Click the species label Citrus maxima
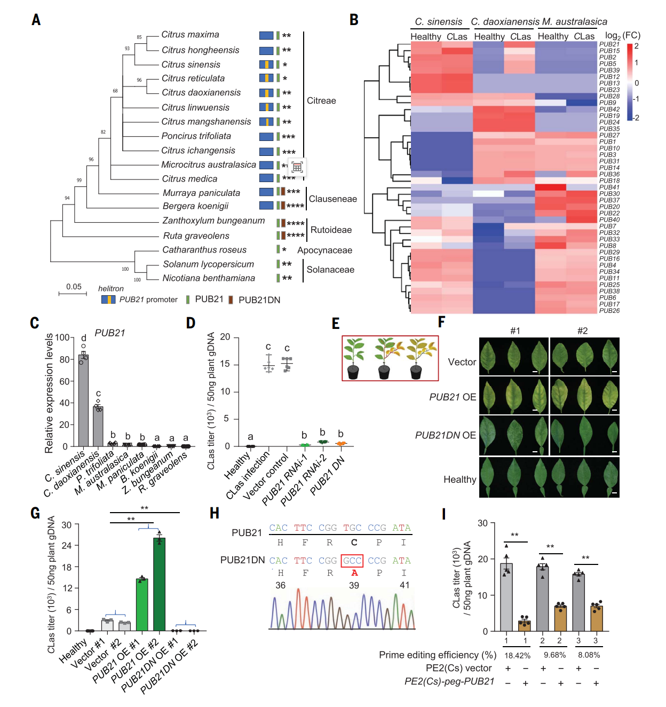190,35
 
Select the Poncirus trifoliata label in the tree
196,136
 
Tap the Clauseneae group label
332,199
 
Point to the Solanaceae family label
330,270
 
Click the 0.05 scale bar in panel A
73,293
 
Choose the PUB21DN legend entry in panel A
259,300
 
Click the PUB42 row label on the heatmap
609,109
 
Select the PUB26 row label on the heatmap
609,311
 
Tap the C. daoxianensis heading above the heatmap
505,22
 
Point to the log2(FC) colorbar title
622,36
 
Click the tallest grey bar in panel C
83,400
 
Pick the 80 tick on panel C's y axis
65,359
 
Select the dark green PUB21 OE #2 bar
159,584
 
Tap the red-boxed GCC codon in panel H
352,561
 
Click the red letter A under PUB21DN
354,573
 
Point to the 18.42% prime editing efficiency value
517,655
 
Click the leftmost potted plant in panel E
354,358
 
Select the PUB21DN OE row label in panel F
445,436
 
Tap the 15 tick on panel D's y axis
225,364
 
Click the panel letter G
35,513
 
